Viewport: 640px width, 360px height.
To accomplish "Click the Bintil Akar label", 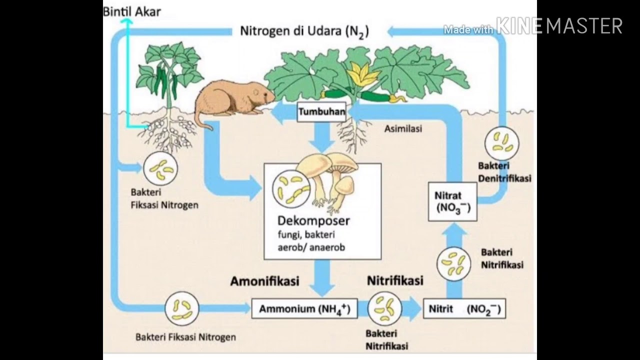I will (x=132, y=11).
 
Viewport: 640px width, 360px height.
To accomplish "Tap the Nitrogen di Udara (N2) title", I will (x=304, y=31).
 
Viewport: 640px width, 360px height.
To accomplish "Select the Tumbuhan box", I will (x=321, y=112).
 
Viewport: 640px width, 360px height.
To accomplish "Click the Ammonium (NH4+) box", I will (x=304, y=309).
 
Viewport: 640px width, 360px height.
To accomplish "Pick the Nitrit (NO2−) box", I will (x=464, y=309).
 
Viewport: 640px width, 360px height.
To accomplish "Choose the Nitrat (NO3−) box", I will (x=452, y=201).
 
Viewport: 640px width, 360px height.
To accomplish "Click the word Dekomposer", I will (x=313, y=220).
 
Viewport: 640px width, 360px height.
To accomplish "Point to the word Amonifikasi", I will (x=264, y=281).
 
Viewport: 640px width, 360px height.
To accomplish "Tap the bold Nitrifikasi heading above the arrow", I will (x=395, y=280).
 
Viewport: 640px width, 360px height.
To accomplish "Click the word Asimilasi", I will (x=403, y=128).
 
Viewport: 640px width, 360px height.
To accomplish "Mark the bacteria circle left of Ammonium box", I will (x=182, y=308).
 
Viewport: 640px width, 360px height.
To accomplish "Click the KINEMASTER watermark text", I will (x=558, y=26).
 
